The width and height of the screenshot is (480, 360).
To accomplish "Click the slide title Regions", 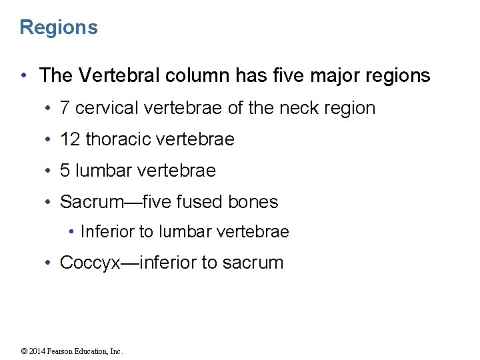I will click(59, 27).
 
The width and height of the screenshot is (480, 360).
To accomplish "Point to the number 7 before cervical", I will click(65, 108).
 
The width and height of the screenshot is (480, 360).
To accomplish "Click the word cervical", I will click(108, 108).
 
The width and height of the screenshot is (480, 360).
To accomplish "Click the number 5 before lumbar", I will click(65, 171).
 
